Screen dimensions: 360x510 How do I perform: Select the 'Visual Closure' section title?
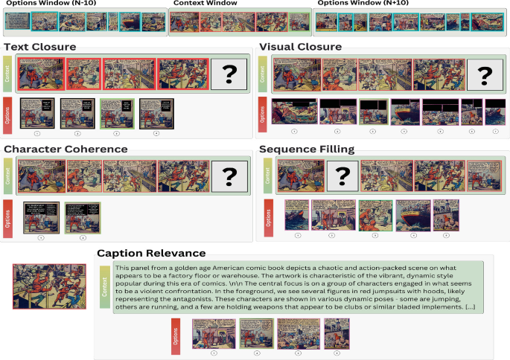[300, 47]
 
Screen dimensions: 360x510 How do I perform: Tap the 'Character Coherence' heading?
[66, 149]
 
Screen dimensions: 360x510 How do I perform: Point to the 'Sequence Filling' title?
[307, 149]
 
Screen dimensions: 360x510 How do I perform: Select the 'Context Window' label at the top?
[205, 4]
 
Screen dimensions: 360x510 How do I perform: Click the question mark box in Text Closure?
[229, 74]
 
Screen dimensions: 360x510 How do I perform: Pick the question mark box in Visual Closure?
[484, 74]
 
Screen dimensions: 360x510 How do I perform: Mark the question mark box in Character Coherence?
[229, 177]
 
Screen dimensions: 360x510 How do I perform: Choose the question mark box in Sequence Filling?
[342, 177]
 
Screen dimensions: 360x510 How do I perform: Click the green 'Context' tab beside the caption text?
[104, 286]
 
